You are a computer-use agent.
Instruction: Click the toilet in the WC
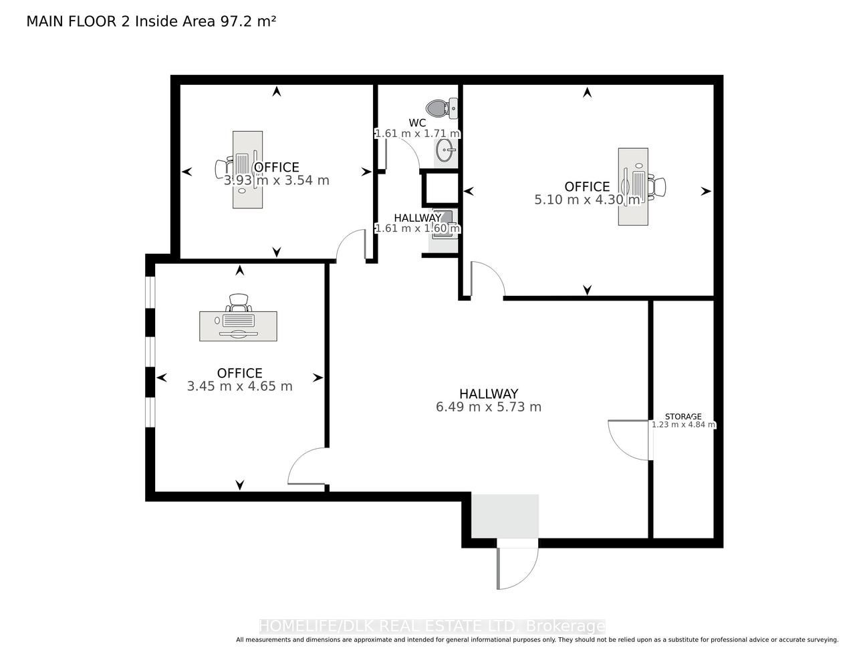442,108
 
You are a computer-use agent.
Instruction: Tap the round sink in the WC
445,151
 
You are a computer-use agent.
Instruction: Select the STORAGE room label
683,416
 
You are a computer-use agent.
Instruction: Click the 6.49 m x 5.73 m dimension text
489,407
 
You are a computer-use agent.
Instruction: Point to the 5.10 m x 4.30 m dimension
587,199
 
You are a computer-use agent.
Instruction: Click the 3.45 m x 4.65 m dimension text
239,386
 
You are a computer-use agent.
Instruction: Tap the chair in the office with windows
239,303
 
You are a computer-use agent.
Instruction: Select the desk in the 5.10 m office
633,187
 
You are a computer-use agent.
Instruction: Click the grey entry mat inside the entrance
505,516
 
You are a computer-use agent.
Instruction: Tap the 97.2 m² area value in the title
247,21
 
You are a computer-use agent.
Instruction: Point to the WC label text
417,124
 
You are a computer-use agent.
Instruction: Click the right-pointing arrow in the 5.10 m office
706,191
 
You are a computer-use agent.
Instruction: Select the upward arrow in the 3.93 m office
277,92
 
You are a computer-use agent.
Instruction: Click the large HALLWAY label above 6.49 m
489,393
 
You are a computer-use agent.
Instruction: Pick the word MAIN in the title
45,21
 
